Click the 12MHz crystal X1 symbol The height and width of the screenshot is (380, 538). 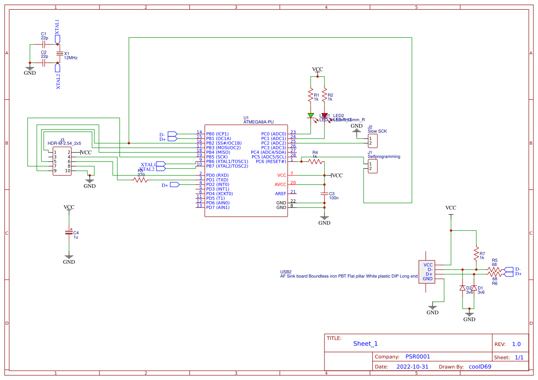pos(59,54)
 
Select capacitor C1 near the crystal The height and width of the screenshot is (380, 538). pos(43,45)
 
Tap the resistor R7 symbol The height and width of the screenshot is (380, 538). pos(476,253)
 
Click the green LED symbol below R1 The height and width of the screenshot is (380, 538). pos(311,116)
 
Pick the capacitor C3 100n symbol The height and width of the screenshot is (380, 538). pos(324,193)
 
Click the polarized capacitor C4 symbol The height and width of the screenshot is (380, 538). pos(69,233)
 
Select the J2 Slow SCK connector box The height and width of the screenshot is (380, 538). pos(372,141)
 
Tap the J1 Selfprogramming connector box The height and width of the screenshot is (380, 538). pos(372,166)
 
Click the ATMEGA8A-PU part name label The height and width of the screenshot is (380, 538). pos(258,122)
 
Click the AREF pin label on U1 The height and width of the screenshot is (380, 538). pos(281,193)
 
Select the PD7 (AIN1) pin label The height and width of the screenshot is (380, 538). pos(218,207)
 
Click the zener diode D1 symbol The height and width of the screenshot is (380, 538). pos(474,288)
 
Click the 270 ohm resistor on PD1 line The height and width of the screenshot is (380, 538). pos(140,180)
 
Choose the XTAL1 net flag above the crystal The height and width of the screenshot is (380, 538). pos(57,39)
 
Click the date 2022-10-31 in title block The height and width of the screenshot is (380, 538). pos(412,367)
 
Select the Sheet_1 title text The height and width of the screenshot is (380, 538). pos(365,343)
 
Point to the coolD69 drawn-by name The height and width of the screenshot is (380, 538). pos(480,367)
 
